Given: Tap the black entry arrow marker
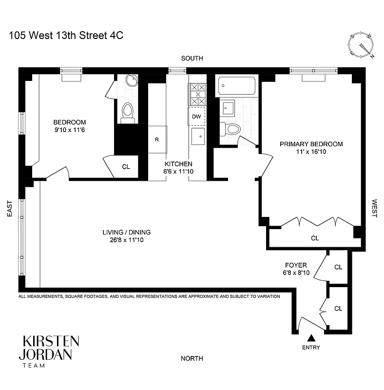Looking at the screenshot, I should coord(311,338).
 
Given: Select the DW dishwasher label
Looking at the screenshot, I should coord(196,117).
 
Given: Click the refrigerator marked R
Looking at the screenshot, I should coord(157,139).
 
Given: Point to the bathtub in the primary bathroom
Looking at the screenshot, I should coord(237,86).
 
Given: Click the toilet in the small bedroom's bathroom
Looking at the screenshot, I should coord(128,112).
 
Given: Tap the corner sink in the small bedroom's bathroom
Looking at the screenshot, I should coord(131,81).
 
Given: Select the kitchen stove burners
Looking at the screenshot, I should coord(197,94).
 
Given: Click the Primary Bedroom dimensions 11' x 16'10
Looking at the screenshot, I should coord(311,152).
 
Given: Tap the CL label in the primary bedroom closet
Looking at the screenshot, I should coord(315,238).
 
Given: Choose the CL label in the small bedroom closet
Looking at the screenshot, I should coord(126,167).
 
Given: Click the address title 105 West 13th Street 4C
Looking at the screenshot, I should coord(62,36).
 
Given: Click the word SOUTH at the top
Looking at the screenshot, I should coord(192,58).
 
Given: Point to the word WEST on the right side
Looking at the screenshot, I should coord(375,208).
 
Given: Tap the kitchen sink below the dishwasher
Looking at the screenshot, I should coord(197,136).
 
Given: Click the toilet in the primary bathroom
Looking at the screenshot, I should coord(231,129).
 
